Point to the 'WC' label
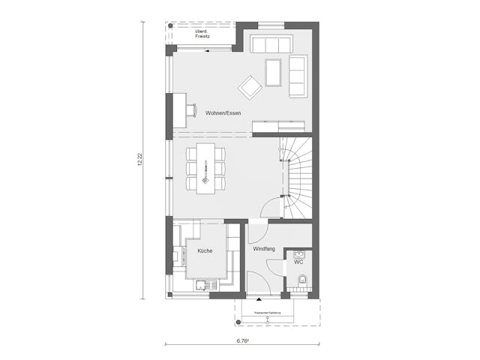point(298,262)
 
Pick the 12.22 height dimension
point(140,159)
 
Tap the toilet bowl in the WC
point(302,281)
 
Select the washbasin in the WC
point(300,253)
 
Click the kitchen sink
point(202,284)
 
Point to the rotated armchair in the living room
point(249,88)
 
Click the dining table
point(206,168)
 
